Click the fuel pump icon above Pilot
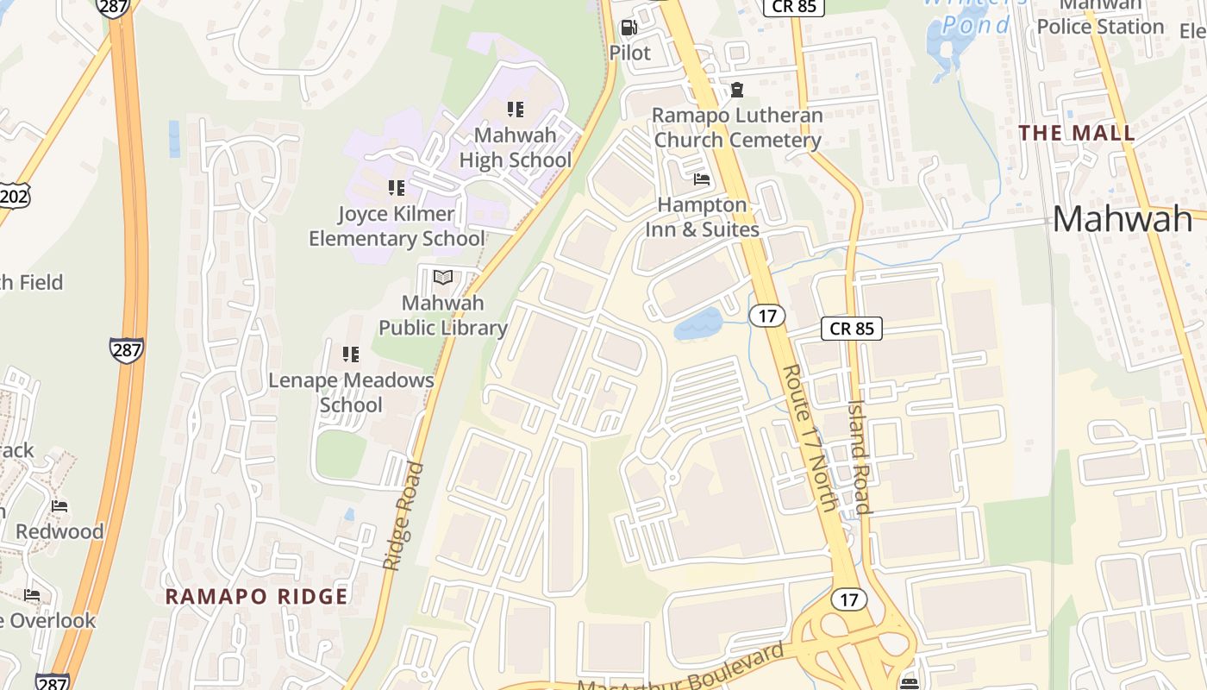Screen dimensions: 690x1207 pos(629,28)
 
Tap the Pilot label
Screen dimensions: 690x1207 pos(629,53)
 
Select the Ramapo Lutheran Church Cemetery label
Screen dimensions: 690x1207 pos(737,128)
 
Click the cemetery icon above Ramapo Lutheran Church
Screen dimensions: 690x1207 pos(737,89)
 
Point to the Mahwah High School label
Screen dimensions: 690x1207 pos(516,147)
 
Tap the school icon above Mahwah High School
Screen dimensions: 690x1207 pos(516,110)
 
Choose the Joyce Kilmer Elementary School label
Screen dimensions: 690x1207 pos(397,226)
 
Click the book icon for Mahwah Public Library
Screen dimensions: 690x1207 pos(443,277)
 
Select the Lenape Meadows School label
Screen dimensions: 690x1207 pos(351,392)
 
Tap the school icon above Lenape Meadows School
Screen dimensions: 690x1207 pos(350,354)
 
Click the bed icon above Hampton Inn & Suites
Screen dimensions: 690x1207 pos(702,179)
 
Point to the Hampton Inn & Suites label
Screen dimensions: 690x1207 pos(702,216)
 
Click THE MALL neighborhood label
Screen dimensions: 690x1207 pos(1077,134)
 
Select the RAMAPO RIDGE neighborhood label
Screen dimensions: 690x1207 pos(256,596)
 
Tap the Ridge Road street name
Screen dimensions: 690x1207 pos(403,517)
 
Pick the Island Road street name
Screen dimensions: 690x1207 pos(860,456)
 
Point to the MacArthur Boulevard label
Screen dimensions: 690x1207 pos(681,670)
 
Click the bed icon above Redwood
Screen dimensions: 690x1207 pos(59,505)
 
